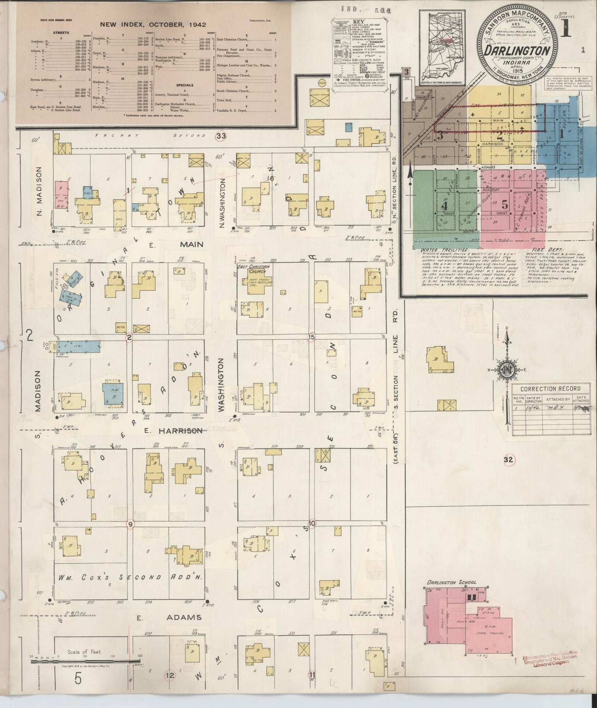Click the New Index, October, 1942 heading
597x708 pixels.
point(153,25)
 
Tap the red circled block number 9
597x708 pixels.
point(131,524)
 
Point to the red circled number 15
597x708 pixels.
point(312,337)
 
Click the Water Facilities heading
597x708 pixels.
point(445,250)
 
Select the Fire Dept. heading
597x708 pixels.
point(538,250)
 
